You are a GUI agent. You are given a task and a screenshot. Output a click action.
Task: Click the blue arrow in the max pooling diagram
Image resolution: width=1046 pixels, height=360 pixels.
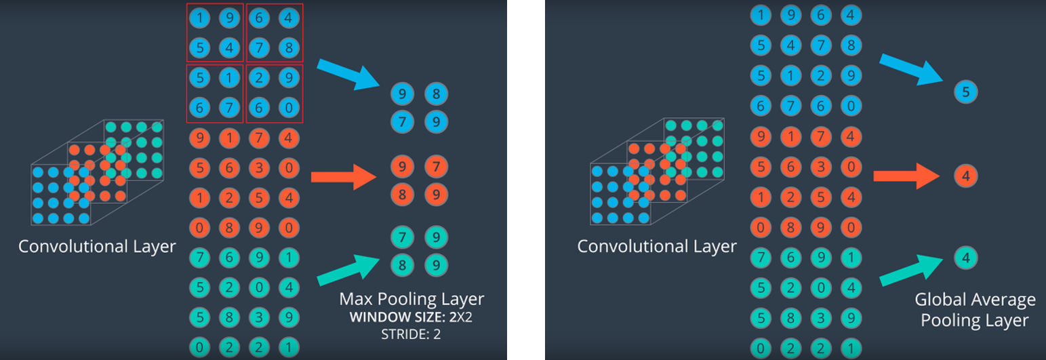coord(344,74)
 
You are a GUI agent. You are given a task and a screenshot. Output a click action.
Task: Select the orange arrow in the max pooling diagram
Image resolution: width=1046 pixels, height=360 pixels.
coord(343,178)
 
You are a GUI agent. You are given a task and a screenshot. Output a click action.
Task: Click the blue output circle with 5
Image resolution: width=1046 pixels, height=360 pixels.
coord(965,91)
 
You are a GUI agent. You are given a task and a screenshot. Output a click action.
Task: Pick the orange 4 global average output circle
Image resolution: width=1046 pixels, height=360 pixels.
coord(965,176)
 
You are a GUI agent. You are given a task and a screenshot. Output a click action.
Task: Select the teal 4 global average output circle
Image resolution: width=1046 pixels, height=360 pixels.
coord(965,258)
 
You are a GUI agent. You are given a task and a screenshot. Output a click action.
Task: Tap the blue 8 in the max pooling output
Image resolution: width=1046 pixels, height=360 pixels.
coord(437,94)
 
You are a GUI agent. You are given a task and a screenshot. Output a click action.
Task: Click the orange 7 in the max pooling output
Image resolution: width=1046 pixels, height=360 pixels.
coord(437,167)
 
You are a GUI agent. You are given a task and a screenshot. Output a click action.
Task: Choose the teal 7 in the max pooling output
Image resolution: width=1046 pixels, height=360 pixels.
coord(403,237)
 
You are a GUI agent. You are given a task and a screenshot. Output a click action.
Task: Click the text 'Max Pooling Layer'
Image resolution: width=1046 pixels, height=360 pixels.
coord(411,299)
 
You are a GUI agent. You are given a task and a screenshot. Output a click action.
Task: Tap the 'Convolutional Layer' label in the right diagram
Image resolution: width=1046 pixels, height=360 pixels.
coord(656,245)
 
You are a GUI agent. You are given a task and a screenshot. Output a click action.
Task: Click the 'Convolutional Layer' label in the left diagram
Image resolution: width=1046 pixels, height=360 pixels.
coord(97,245)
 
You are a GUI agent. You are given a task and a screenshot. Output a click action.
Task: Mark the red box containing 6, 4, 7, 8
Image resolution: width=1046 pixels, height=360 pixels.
coord(275,33)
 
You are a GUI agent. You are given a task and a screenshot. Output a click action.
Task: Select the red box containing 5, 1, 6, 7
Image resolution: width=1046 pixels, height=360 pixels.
coord(215,94)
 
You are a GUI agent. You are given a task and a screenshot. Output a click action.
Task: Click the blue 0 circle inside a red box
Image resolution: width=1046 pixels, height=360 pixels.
coord(288,106)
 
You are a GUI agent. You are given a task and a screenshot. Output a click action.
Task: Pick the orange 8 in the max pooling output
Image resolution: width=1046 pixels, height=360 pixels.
coord(403,195)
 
